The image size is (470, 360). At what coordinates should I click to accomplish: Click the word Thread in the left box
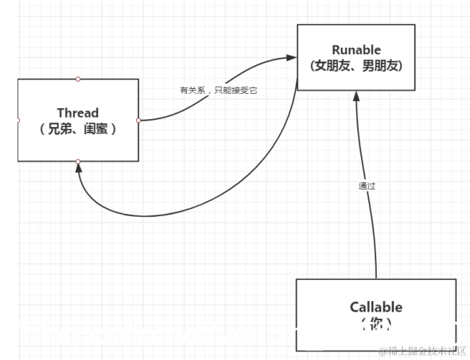(x=78, y=112)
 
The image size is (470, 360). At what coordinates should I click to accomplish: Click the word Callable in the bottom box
(x=375, y=307)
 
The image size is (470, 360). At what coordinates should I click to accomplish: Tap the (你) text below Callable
(x=375, y=323)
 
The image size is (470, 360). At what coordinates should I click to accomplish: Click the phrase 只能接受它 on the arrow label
(x=236, y=90)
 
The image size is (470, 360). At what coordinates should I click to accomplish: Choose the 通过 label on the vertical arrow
(x=366, y=186)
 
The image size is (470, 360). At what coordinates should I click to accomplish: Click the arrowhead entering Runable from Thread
(x=291, y=58)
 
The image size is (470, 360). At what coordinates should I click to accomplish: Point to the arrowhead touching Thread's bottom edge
(x=78, y=168)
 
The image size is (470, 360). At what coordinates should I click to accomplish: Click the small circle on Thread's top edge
(x=78, y=79)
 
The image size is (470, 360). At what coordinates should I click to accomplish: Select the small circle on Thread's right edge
(x=138, y=120)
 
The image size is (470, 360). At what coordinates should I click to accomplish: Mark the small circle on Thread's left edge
(x=17, y=120)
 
